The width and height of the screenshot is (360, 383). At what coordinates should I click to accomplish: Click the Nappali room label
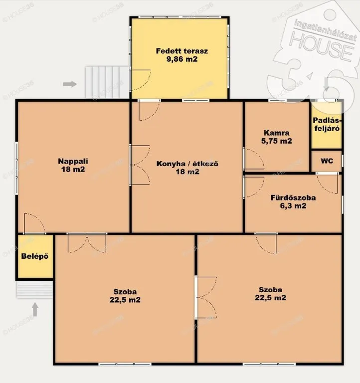click(73, 161)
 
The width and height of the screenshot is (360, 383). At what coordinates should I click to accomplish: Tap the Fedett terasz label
click(182, 51)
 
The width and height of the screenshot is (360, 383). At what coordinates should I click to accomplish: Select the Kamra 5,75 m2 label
click(276, 137)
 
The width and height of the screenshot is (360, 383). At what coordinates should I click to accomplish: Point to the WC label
click(327, 161)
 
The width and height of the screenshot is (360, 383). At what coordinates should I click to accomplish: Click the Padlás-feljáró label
click(327, 124)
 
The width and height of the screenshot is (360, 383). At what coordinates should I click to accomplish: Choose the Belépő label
click(35, 256)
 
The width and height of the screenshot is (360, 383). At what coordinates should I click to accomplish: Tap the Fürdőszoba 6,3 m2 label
click(293, 201)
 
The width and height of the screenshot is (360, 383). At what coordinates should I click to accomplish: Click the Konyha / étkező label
click(187, 164)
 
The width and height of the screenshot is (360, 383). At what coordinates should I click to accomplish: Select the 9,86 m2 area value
click(182, 59)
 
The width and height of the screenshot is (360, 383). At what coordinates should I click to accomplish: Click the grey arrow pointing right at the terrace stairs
click(70, 84)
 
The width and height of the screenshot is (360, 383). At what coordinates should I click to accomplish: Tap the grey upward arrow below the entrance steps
click(35, 310)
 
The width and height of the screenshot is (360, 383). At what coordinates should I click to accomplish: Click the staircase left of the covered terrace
click(107, 82)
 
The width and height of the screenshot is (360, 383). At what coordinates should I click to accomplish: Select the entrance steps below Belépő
click(34, 289)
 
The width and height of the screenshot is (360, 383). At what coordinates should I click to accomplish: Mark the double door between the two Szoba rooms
click(205, 298)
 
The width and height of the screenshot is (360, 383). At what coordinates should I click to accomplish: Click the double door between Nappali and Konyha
click(140, 165)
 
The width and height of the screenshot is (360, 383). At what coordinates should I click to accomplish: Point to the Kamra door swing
click(254, 159)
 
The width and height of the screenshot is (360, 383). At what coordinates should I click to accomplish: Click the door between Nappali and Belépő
click(34, 223)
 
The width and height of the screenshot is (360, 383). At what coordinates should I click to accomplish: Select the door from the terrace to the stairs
click(140, 80)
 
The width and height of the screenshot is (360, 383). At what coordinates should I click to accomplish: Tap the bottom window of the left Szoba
click(125, 364)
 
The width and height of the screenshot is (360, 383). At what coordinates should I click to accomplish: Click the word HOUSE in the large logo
click(322, 47)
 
